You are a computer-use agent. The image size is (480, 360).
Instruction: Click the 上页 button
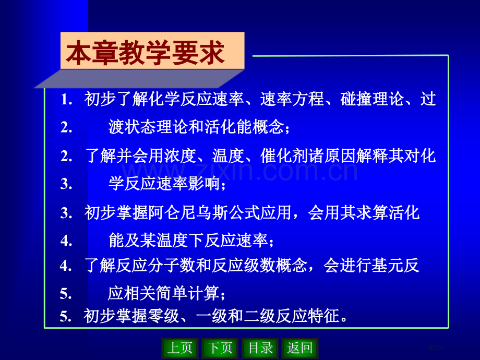pyautogui.click(x=180, y=348)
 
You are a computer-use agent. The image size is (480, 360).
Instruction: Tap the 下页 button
pyautogui.click(x=220, y=348)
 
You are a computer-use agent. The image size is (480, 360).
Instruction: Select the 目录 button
pyautogui.click(x=260, y=348)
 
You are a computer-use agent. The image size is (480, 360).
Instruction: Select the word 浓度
pyautogui.click(x=181, y=155)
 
